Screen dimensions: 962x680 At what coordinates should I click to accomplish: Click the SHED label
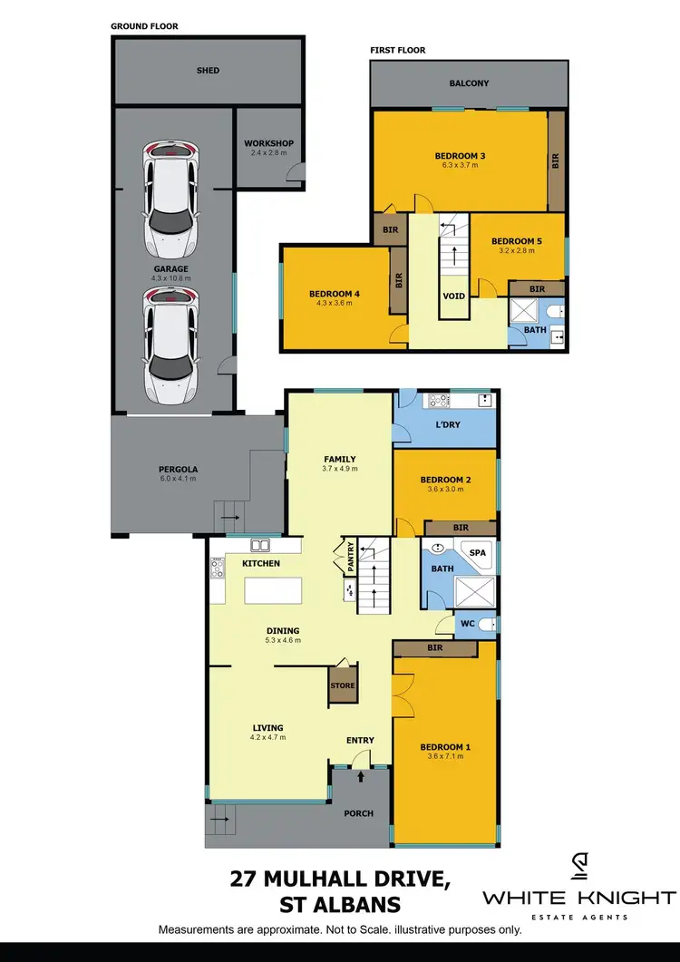coord(209,71)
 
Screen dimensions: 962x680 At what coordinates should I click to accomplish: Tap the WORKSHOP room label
coord(268,143)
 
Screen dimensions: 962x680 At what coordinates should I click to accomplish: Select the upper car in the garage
coord(171,198)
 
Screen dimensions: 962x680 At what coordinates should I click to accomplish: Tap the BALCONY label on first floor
coord(469,83)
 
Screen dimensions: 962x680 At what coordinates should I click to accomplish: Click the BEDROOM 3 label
coord(461,156)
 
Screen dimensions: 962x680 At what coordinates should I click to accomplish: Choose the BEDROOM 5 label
coord(517,241)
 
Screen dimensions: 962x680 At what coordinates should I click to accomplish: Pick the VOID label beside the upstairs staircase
coord(453,296)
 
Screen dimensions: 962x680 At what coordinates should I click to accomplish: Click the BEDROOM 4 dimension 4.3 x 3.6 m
coord(335,304)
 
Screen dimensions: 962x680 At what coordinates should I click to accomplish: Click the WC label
coord(468,624)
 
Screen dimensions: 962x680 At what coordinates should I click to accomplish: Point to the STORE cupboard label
coord(342,685)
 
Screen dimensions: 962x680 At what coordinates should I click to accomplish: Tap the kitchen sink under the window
coord(260,546)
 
